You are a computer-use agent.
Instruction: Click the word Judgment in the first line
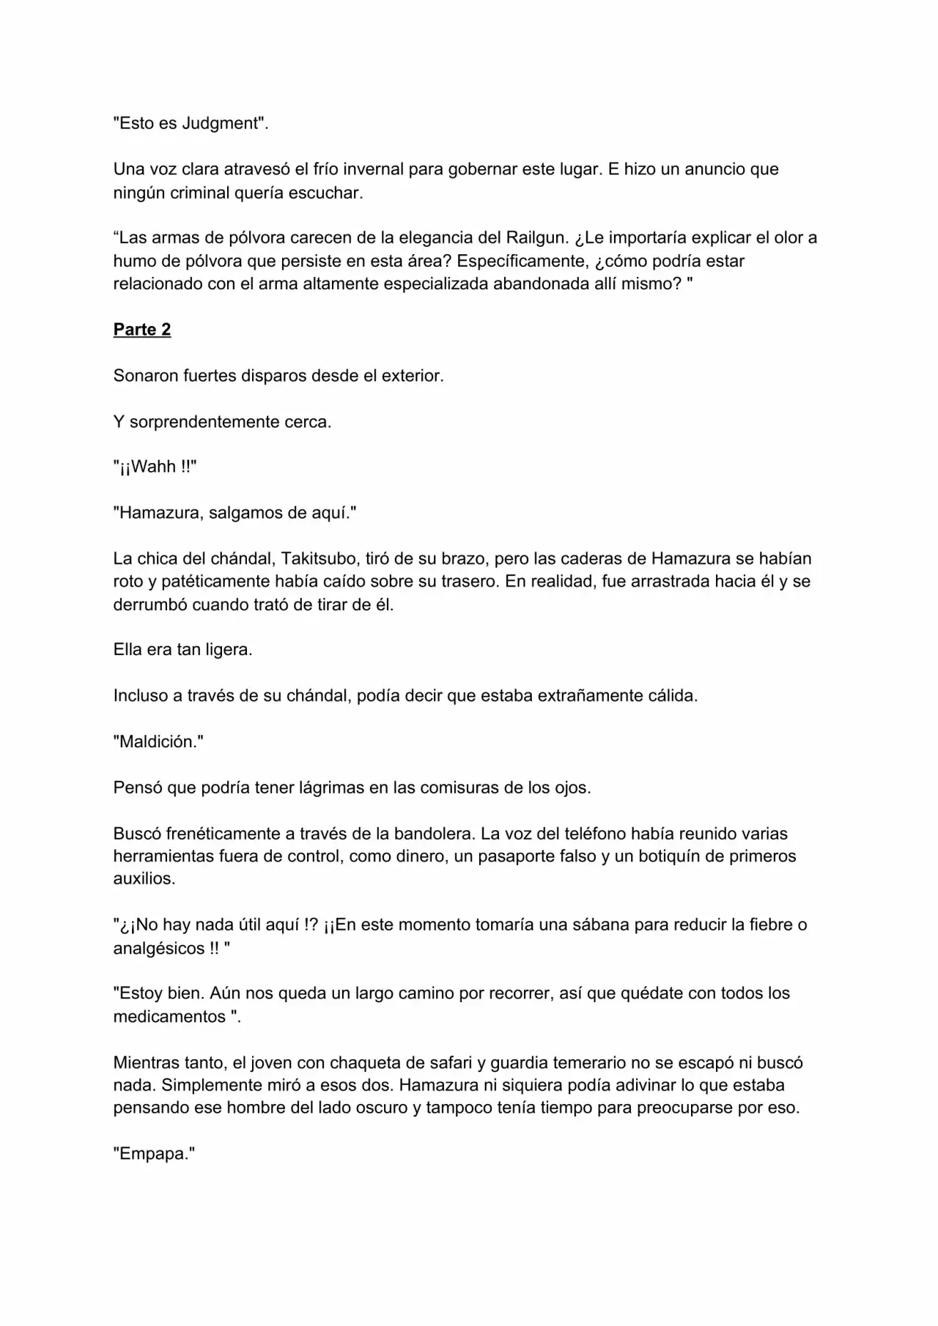[221, 123]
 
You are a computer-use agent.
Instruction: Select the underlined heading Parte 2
[142, 330]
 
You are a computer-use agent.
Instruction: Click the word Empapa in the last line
[154, 1154]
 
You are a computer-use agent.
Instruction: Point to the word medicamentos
[169, 1017]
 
